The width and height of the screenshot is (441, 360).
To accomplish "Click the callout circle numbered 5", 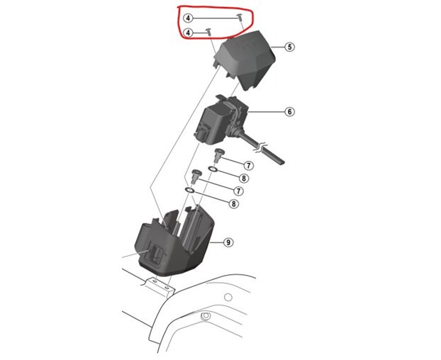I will point(289,47).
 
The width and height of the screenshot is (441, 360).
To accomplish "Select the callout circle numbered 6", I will point(289,111).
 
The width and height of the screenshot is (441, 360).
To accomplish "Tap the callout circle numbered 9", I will point(228,242).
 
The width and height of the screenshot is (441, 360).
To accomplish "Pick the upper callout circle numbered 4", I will point(188,18).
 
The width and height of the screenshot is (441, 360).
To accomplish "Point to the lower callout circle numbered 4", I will point(188,33).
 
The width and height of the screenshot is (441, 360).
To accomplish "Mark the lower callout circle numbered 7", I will point(239,191).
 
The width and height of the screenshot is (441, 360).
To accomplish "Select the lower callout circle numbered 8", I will point(233,203).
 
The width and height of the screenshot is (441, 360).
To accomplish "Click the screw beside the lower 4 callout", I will point(209,31).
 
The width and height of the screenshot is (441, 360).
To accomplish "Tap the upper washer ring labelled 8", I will point(213,170).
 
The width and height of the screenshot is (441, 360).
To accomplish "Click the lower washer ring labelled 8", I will point(190,191).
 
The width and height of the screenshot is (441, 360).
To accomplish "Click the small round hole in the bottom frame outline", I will point(206,316).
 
